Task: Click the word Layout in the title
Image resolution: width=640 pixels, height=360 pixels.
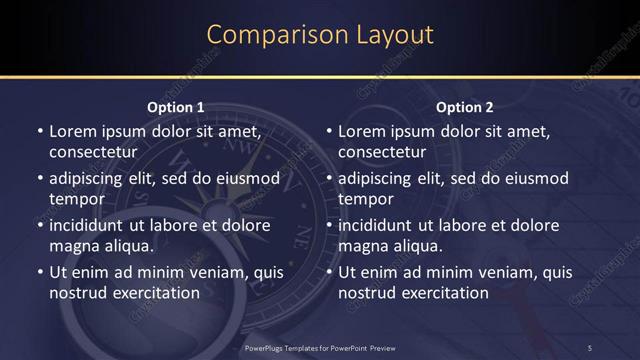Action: coord(395,34)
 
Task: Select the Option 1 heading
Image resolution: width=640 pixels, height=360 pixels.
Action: coord(176,107)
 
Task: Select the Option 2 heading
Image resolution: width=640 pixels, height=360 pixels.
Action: coord(465,107)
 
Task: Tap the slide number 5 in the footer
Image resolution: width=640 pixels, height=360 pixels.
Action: coord(590,347)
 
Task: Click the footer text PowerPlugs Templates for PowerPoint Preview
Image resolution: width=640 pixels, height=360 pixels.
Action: coord(320,347)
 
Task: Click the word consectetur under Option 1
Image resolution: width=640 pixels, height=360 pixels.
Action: coord(92,152)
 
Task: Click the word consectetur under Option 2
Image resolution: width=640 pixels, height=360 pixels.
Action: coord(382,152)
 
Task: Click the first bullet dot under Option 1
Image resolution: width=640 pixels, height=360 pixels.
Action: coord(40,132)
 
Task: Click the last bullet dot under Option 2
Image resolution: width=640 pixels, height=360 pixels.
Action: coord(330,272)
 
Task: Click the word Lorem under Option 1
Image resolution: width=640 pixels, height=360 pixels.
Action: coord(72,131)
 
